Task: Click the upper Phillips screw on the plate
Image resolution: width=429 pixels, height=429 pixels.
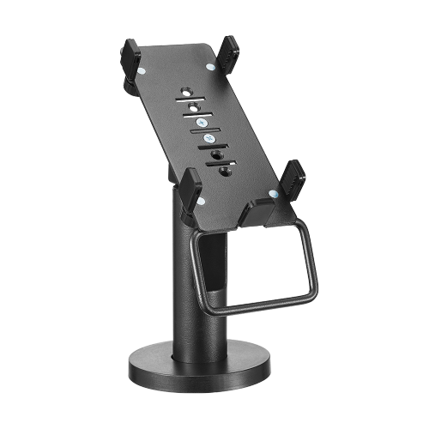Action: [199, 123]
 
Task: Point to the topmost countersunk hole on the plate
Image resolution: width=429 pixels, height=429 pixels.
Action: [186, 89]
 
